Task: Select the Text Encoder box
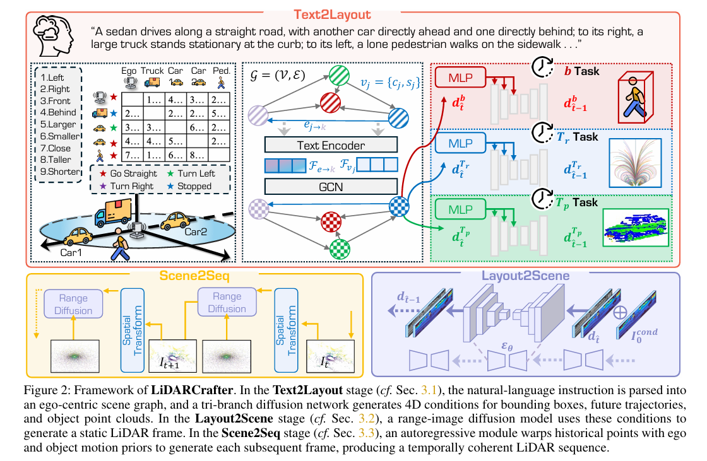pyautogui.click(x=331, y=145)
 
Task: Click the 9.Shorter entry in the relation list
pyautogui.click(x=60, y=172)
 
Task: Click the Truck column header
pyautogui.click(x=152, y=71)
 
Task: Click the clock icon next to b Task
pyautogui.click(x=542, y=68)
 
